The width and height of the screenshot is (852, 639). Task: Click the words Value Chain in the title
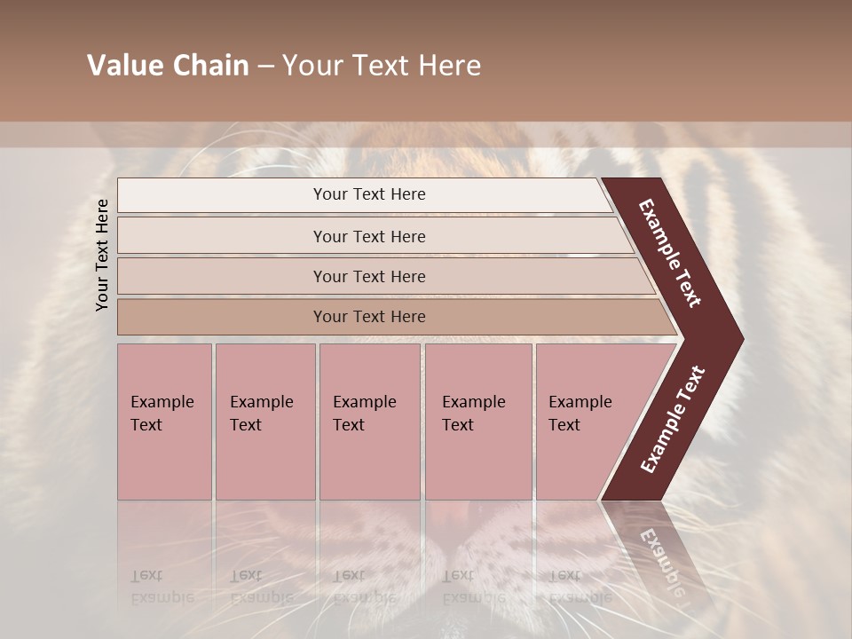(x=168, y=66)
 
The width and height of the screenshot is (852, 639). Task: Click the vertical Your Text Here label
(x=102, y=256)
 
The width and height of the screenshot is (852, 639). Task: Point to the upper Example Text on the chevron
(x=670, y=254)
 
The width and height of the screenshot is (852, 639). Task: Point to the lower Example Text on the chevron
(x=672, y=419)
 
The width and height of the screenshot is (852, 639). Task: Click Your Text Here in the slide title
(x=382, y=66)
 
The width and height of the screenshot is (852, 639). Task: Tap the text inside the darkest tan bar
(x=369, y=317)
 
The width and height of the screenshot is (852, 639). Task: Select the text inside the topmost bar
(x=369, y=194)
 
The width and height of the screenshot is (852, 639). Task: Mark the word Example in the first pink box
(x=162, y=402)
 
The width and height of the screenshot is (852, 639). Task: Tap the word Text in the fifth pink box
(x=564, y=425)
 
